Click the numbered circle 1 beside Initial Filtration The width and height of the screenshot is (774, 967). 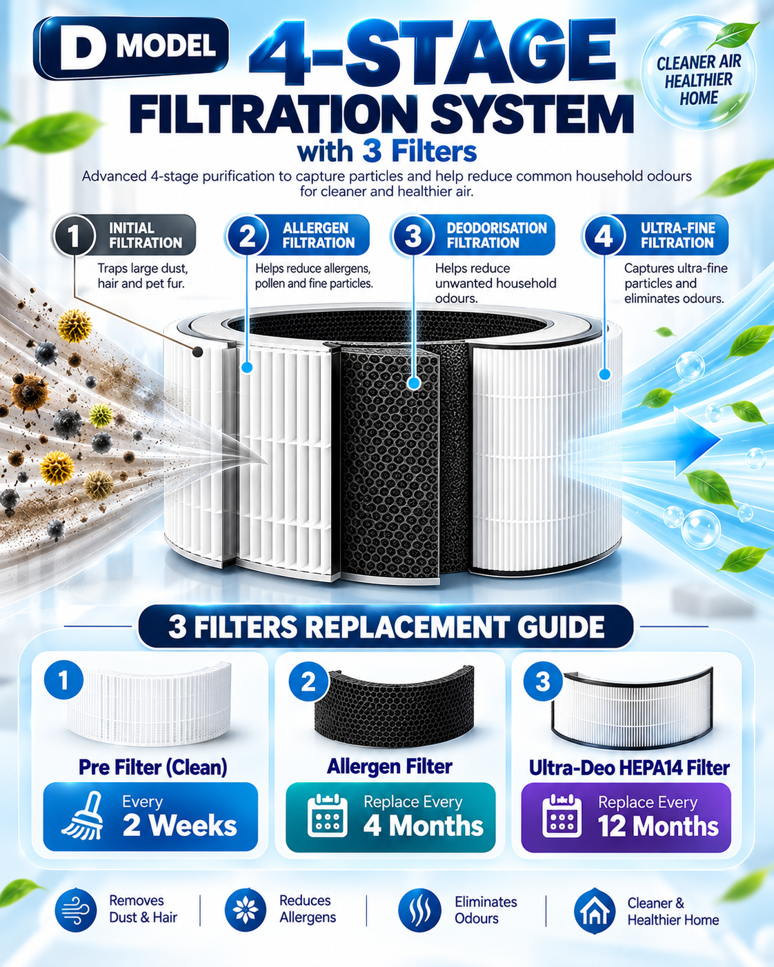tap(75, 235)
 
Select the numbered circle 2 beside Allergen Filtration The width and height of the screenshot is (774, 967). tap(247, 235)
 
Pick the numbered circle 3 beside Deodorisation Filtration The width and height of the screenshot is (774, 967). tap(413, 235)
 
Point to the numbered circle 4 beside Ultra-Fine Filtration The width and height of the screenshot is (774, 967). tap(604, 235)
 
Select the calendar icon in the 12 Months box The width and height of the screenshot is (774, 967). tap(562, 816)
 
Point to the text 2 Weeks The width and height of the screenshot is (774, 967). tap(179, 826)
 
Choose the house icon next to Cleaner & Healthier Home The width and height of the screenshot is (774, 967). tap(594, 910)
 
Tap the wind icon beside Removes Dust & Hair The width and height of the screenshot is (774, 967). tap(75, 910)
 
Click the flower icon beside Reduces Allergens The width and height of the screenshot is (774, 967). tap(246, 910)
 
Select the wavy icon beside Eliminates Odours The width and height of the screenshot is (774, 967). tap(419, 910)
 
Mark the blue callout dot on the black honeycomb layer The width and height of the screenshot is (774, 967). tap(413, 383)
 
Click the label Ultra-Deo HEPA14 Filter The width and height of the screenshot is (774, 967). tap(629, 768)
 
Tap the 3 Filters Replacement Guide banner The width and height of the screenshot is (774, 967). tap(386, 626)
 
